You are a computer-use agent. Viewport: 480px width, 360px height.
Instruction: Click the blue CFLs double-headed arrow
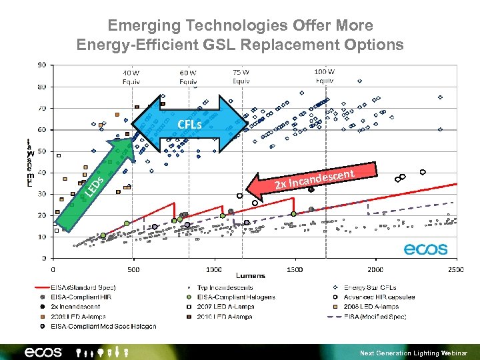[x=189, y=124]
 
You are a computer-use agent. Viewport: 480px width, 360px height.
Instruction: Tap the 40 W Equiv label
[x=131, y=77]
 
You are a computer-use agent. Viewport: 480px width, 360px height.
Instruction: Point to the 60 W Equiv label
[x=188, y=77]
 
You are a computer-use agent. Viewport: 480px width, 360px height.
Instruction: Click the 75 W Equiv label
[x=241, y=77]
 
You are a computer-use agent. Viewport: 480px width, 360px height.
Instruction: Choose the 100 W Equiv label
[x=325, y=76]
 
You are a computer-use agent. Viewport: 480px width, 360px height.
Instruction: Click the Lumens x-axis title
[x=250, y=275]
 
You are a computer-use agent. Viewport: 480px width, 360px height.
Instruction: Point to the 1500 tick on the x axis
[x=294, y=269]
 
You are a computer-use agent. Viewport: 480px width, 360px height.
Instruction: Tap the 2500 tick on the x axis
[x=455, y=269]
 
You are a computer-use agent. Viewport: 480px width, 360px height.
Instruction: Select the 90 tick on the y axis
[x=41, y=65]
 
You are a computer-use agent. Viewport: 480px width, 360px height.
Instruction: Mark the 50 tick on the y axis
[x=41, y=151]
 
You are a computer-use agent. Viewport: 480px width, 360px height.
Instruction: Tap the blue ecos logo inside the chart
[x=425, y=249]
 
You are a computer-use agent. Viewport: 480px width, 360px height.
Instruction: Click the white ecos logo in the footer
[x=43, y=351]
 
